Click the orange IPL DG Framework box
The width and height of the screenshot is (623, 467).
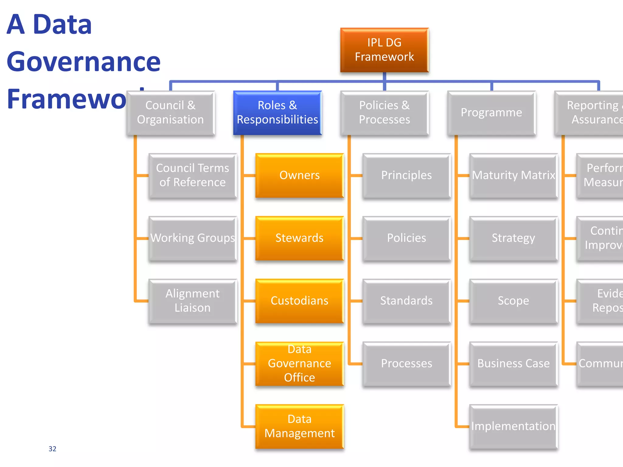384,50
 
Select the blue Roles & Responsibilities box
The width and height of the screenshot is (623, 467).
277,113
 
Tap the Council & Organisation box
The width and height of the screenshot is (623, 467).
170,113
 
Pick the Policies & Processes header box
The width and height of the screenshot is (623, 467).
384,113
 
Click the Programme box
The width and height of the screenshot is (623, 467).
491,113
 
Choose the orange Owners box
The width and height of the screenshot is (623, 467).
299,175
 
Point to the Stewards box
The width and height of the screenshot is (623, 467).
299,238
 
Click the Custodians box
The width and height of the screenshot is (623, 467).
299,301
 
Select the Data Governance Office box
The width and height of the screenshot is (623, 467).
299,363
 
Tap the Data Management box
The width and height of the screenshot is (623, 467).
299,426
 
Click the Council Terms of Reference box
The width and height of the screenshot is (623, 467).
193,175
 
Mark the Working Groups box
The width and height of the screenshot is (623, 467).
193,238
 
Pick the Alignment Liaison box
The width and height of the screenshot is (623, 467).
193,301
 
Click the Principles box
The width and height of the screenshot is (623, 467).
406,175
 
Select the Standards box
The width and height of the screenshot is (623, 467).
406,301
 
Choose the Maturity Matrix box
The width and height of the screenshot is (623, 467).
513,175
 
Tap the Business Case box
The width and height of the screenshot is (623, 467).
513,363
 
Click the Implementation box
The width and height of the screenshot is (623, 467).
513,426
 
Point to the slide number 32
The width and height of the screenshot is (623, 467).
52,449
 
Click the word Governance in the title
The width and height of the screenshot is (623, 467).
84,62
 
